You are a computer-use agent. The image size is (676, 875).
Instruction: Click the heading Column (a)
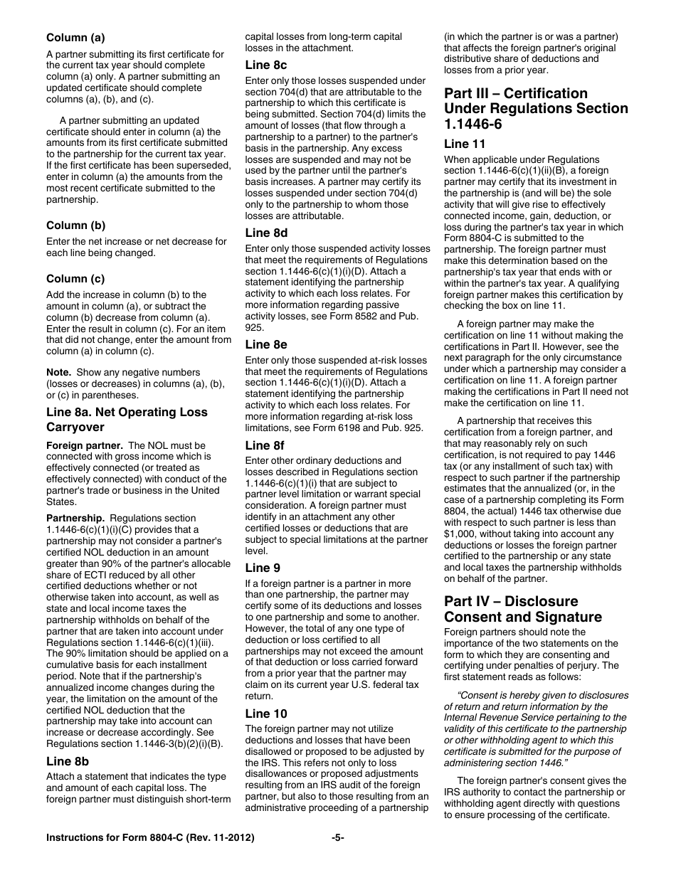click(75, 38)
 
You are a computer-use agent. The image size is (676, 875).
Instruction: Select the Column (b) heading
click(75, 226)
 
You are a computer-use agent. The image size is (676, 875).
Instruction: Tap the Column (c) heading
click(75, 279)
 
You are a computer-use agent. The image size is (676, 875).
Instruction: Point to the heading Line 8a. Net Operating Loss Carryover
click(127, 420)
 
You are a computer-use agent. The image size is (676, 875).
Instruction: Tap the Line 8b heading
click(68, 760)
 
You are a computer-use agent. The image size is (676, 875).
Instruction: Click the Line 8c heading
click(266, 65)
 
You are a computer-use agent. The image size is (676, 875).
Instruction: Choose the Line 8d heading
click(266, 233)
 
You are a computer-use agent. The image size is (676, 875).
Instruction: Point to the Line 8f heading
click(265, 445)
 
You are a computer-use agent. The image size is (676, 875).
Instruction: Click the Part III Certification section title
click(536, 108)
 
